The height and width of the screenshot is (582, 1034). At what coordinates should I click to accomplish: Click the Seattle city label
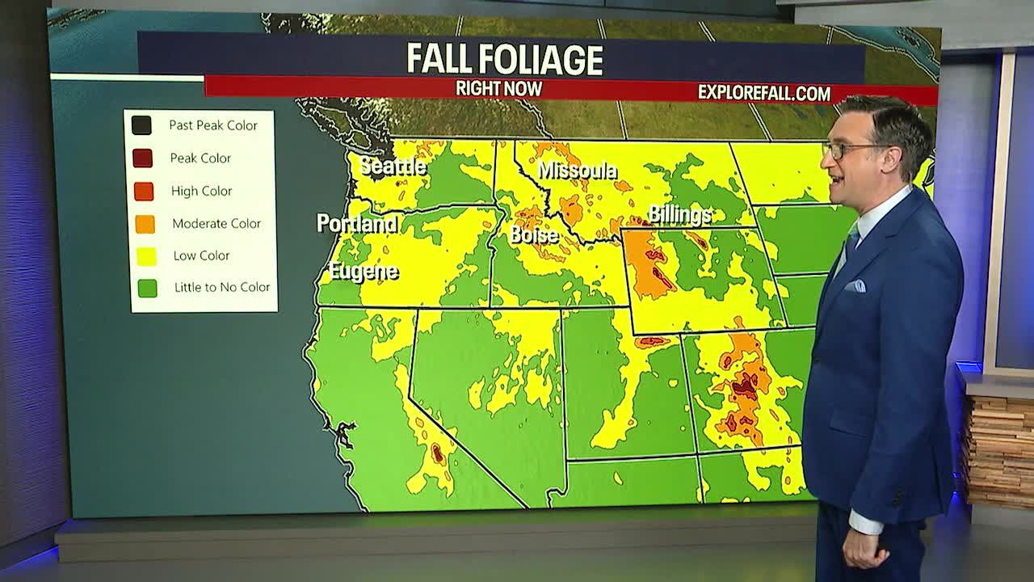(393, 167)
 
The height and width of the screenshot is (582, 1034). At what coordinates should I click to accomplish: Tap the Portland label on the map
(357, 223)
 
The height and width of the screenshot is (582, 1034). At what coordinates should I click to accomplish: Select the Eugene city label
(364, 272)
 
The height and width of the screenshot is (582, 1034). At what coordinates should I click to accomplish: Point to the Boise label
(534, 235)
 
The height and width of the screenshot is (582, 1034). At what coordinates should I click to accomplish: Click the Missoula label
(577, 171)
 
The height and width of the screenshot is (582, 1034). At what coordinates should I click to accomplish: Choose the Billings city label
(679, 214)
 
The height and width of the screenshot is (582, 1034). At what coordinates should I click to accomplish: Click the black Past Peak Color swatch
(142, 125)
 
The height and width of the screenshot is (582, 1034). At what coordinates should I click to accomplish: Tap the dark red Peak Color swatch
(143, 158)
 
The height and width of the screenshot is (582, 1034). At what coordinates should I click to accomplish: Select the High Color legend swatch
(144, 192)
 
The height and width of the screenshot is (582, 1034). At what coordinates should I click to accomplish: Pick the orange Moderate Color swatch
(145, 224)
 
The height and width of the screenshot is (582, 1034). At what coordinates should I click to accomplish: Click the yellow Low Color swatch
(146, 256)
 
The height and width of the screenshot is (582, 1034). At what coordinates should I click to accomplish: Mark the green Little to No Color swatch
(147, 288)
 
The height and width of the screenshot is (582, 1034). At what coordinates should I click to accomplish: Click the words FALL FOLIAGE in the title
(504, 59)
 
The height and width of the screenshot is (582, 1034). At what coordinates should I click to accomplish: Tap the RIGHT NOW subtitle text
(498, 89)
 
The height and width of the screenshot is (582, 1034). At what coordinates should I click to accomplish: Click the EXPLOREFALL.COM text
(763, 93)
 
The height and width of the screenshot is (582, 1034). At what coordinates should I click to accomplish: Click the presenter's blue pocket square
(855, 285)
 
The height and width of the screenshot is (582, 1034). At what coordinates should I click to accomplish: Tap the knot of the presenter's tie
(853, 234)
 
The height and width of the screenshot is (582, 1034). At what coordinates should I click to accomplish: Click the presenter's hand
(862, 549)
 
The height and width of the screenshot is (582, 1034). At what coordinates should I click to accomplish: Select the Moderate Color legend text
(216, 224)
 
